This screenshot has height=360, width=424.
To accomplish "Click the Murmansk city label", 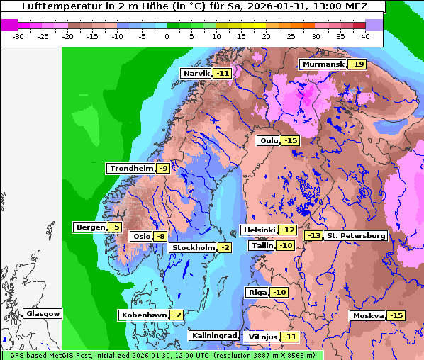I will [x=323, y=64].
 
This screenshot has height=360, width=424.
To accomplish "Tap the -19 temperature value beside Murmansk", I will [x=357, y=64].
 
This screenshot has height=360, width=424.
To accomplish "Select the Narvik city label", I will [x=196, y=73].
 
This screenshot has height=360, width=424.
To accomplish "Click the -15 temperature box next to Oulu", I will [x=291, y=141].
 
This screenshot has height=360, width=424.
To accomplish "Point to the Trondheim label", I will [x=130, y=168].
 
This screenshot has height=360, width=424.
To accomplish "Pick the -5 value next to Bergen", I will [x=116, y=227].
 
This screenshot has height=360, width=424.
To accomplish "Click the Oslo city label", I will [x=142, y=236].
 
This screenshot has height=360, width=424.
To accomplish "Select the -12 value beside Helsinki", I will [x=287, y=230].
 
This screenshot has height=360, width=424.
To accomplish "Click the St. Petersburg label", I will [x=356, y=235].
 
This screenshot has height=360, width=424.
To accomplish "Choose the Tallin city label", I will [x=262, y=245].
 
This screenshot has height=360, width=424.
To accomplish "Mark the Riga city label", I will [x=257, y=292].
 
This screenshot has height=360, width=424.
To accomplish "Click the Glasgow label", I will [x=43, y=313].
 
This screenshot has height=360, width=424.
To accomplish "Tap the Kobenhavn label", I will [x=143, y=315].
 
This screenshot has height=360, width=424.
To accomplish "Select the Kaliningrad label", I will [x=213, y=335].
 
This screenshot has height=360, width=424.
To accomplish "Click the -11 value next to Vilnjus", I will [x=289, y=337].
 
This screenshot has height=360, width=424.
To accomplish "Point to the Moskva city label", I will [x=368, y=315].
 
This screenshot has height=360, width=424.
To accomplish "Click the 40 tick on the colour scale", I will [x=364, y=35].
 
